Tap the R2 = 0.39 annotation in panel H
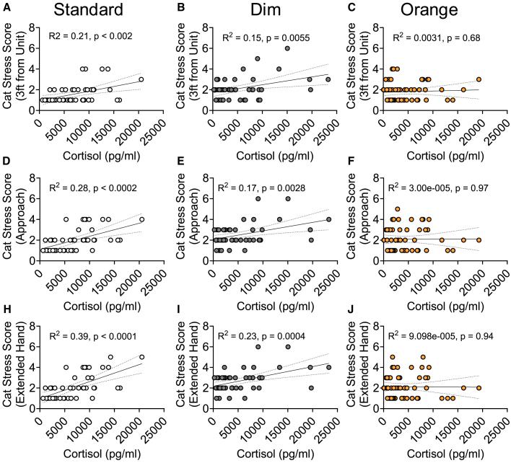pyautogui.click(x=89, y=336)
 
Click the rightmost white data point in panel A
pyautogui.click(x=141, y=79)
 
